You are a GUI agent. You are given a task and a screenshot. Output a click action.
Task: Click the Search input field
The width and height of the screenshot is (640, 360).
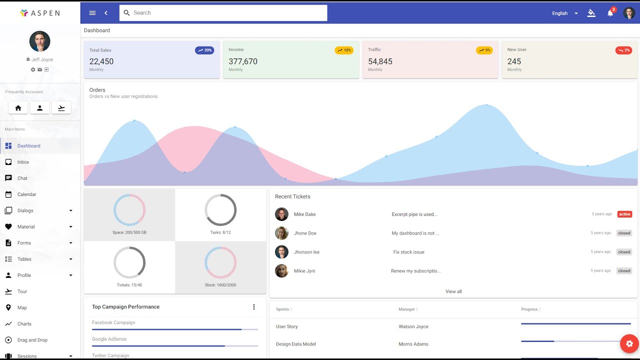click(x=223, y=13)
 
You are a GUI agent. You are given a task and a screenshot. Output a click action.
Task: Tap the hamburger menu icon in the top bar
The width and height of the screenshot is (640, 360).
click(x=92, y=13)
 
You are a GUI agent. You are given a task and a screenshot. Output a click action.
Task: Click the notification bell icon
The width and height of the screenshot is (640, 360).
click(x=610, y=13)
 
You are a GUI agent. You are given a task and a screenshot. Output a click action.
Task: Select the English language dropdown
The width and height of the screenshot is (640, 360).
click(x=564, y=13)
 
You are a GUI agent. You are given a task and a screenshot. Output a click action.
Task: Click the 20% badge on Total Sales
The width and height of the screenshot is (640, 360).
click(x=204, y=50)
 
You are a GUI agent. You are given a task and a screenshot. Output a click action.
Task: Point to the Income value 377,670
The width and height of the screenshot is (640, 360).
click(x=243, y=61)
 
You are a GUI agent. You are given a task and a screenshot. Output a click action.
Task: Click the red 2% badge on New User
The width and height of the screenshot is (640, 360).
click(x=623, y=50)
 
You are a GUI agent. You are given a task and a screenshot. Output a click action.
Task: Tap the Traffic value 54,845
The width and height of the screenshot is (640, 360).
click(x=380, y=61)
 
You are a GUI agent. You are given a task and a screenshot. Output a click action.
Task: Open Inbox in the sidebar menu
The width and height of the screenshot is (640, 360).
click(x=23, y=162)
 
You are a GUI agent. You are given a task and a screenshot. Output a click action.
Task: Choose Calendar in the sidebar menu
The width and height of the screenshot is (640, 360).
click(x=27, y=194)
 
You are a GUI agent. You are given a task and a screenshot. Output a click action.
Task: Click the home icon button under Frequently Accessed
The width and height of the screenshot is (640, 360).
click(x=18, y=108)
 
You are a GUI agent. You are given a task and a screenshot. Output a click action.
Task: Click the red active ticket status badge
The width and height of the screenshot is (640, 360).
click(x=624, y=214)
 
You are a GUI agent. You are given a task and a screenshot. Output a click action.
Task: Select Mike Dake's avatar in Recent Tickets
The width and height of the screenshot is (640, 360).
click(x=281, y=214)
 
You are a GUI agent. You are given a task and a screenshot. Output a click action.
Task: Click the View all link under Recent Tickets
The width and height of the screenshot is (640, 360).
click(x=453, y=291)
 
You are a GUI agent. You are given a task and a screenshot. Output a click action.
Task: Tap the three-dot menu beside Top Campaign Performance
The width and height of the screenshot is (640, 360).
click(x=253, y=307)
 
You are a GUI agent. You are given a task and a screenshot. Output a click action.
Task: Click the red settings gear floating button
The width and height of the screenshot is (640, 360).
click(x=629, y=343)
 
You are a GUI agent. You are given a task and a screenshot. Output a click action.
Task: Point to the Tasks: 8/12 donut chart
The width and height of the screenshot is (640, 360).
click(x=220, y=210)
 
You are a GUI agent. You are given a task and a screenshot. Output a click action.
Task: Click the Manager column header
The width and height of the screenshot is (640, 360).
click(x=407, y=309)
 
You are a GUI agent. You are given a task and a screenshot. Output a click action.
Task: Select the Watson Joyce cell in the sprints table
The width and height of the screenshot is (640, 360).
click(x=413, y=326)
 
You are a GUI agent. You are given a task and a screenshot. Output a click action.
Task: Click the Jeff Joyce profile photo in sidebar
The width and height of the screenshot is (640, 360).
click(x=39, y=41)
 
